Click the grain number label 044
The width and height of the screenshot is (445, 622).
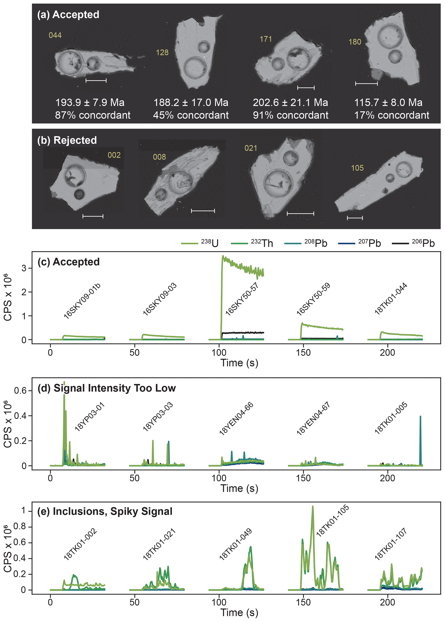point(55,35)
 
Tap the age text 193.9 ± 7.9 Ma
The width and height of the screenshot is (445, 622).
point(90,103)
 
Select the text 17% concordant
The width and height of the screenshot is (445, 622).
point(392,115)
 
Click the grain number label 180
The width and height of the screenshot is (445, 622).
point(355,42)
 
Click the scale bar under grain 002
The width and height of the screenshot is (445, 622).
point(93,216)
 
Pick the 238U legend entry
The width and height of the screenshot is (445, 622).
point(200,243)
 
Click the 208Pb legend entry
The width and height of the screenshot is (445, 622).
point(306,243)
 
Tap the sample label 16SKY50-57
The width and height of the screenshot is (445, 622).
point(242,299)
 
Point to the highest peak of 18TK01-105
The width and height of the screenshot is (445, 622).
point(313,507)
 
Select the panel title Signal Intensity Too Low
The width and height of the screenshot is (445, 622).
point(115,388)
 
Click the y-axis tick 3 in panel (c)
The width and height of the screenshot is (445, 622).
point(24,268)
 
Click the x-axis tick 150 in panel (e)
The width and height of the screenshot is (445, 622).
point(303,602)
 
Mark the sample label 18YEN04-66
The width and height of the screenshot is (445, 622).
point(236,419)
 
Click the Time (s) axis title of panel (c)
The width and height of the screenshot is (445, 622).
point(239,363)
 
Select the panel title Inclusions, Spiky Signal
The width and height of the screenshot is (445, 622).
point(112,512)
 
